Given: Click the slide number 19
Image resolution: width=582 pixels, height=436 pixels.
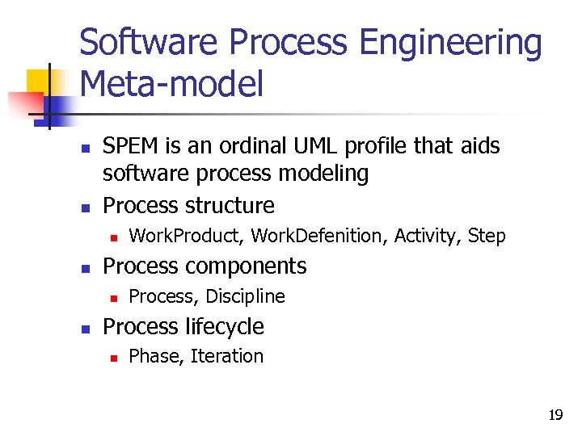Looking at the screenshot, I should (555, 416).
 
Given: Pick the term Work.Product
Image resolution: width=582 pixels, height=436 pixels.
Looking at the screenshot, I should (188, 236).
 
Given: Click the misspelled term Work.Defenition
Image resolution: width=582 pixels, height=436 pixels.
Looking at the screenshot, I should (318, 236).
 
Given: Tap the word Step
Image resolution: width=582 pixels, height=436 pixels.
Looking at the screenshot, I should (487, 236).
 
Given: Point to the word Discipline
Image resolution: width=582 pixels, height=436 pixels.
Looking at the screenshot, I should (245, 296).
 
